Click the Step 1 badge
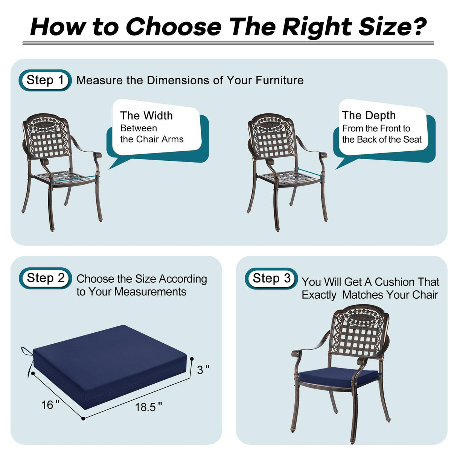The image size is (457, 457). pyautogui.click(x=45, y=80)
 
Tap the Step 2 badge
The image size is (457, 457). pyautogui.click(x=45, y=278)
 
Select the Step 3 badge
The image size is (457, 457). pyautogui.click(x=271, y=279)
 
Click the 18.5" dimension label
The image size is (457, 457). pyautogui.click(x=148, y=407)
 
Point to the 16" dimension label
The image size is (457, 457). pyautogui.click(x=50, y=405)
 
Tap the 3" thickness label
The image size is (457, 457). pyautogui.click(x=203, y=370)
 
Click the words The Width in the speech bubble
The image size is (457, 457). pyautogui.click(x=146, y=116)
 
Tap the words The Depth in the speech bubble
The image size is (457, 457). pyautogui.click(x=369, y=115)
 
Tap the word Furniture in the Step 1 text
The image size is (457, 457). pyautogui.click(x=279, y=80)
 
